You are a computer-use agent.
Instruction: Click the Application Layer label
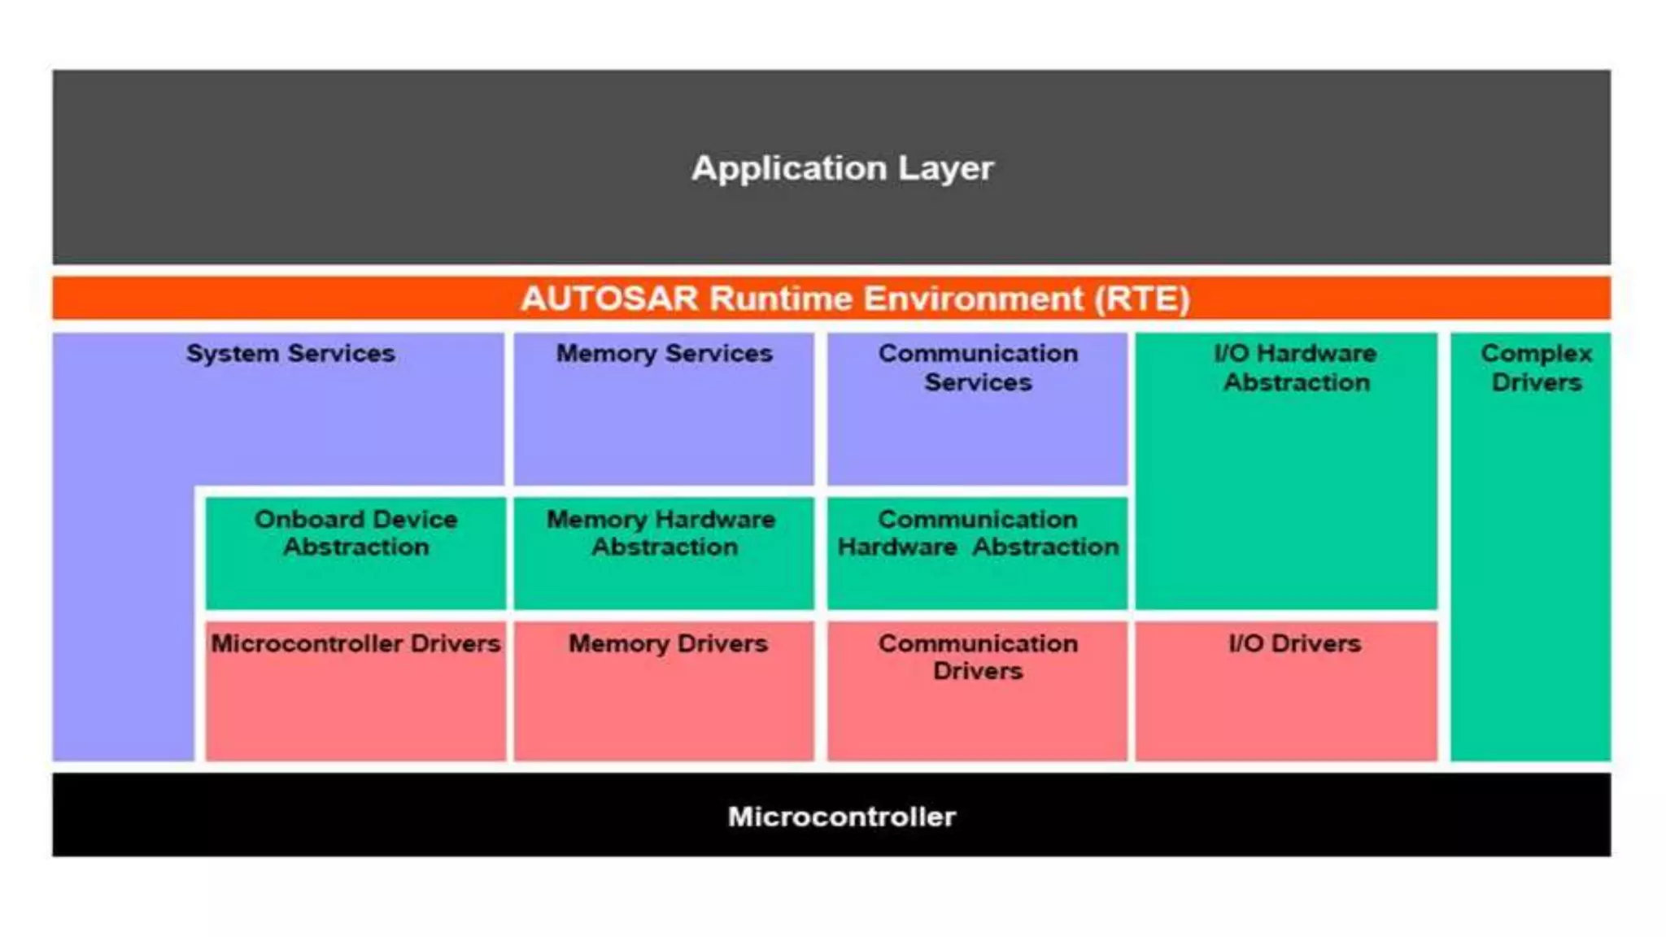pyautogui.click(x=842, y=168)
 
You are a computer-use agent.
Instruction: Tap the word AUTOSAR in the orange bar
pyautogui.click(x=609, y=299)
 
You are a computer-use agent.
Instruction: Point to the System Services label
pyautogui.click(x=290, y=354)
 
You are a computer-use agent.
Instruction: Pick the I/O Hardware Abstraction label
pyautogui.click(x=1295, y=368)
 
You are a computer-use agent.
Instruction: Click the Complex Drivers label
pyautogui.click(x=1536, y=368)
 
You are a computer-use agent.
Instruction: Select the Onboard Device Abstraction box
pyautogui.click(x=355, y=553)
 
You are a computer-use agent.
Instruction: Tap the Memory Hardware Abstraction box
pyautogui.click(x=664, y=553)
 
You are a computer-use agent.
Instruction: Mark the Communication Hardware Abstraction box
pyautogui.click(x=977, y=553)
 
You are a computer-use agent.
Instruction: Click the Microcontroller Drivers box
pyautogui.click(x=355, y=691)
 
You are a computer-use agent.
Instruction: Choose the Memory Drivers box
pyautogui.click(x=664, y=691)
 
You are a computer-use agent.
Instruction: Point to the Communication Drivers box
pyautogui.click(x=977, y=691)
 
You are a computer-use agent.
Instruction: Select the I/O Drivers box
pyautogui.click(x=1286, y=691)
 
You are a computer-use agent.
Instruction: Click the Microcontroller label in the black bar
pyautogui.click(x=842, y=817)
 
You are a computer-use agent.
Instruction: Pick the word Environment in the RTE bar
pyautogui.click(x=973, y=299)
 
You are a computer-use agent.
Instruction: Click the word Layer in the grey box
pyautogui.click(x=945, y=168)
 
